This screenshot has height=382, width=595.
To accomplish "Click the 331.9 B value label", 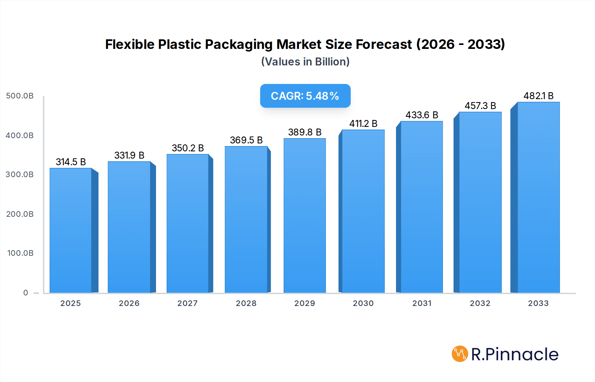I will [x=129, y=155].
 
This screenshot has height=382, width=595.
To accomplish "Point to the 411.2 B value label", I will [x=363, y=124].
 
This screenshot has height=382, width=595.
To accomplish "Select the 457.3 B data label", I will [x=480, y=106].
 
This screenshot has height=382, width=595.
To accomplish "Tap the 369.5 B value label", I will [x=246, y=140].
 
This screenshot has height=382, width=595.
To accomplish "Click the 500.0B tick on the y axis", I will [x=20, y=96].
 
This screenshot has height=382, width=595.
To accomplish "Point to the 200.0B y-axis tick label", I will [x=20, y=214].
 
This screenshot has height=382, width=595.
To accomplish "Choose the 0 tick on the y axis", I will [x=26, y=293].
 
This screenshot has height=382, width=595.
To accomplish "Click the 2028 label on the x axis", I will [x=246, y=303].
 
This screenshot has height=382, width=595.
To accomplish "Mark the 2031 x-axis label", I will [x=422, y=303].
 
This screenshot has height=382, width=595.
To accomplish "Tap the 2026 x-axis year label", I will [x=129, y=303].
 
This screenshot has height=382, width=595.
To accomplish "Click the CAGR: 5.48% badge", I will [x=305, y=96].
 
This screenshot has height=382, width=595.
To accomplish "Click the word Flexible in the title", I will [x=130, y=44].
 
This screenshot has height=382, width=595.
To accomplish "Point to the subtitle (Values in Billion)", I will [x=305, y=62].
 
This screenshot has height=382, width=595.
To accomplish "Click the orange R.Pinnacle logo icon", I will [x=460, y=354].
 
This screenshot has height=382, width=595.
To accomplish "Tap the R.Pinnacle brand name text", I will [x=515, y=354].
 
